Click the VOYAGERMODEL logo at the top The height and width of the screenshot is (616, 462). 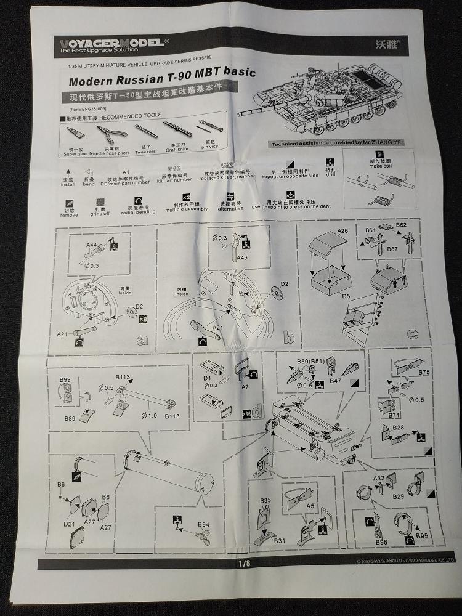[x=111, y=43]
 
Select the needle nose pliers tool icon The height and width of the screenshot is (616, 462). [x=111, y=131]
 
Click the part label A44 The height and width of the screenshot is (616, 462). [x=92, y=245]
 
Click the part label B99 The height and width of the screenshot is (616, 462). [x=65, y=380]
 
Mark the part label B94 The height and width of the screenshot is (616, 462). [x=203, y=524]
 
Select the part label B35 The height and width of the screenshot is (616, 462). [x=266, y=500]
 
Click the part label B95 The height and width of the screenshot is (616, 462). [x=422, y=537]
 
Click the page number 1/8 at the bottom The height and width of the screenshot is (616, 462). [x=244, y=563]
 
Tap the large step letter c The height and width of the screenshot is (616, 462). [x=413, y=335]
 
